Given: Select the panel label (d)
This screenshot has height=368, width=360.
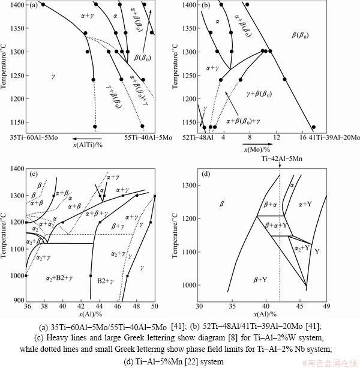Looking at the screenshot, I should coord(208,175).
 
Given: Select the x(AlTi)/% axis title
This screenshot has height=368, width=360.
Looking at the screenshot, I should coord(88,146).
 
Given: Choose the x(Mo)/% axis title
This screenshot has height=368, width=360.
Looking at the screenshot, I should coord(257,148).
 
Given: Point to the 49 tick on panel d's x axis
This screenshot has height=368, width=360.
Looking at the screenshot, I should coord(326,306).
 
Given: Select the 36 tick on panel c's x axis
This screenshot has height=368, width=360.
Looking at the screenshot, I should coord(26,306).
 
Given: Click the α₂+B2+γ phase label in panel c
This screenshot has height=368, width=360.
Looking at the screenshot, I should coord(59,279).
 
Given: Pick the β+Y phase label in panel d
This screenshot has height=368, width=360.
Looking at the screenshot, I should coord(260,279).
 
